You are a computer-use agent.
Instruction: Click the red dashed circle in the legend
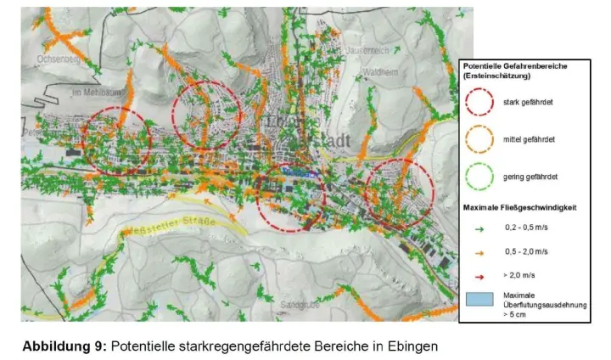click(x=479, y=103)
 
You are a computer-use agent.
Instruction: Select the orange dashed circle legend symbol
click(x=479, y=139)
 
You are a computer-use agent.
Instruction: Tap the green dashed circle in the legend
click(x=479, y=176)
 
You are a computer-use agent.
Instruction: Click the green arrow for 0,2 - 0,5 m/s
click(x=479, y=228)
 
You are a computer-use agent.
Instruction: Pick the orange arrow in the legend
click(x=479, y=252)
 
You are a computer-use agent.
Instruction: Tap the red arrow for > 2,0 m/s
click(x=479, y=276)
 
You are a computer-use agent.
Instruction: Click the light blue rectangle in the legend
click(x=479, y=300)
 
